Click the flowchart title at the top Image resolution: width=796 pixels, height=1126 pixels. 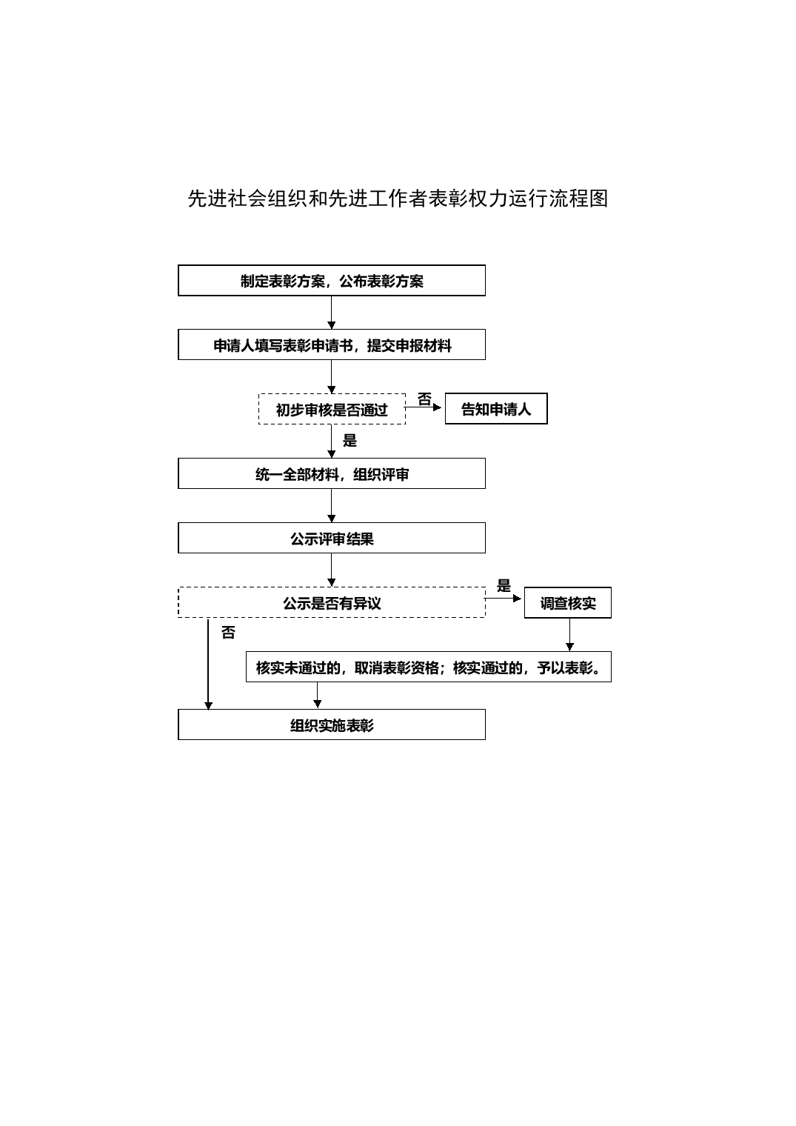(398, 199)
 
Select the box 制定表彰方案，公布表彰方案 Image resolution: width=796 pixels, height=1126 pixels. (332, 281)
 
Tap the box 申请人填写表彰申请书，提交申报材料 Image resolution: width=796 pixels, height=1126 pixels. (332, 345)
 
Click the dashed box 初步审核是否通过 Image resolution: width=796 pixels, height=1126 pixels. (332, 409)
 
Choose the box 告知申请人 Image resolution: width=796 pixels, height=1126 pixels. (496, 409)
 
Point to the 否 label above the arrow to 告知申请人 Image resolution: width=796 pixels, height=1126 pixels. (424, 399)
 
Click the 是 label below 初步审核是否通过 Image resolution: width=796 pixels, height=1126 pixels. (349, 441)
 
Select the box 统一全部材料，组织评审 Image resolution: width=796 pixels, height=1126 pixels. (332, 473)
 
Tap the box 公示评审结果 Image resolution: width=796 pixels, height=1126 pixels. (332, 538)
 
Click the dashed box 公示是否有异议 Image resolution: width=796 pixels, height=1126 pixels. (332, 602)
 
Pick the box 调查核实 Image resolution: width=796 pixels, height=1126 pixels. (568, 603)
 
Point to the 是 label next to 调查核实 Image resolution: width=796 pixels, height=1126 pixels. (504, 586)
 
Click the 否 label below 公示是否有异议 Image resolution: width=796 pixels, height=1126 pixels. (228, 633)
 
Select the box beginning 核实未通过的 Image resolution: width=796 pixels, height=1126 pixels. (429, 667)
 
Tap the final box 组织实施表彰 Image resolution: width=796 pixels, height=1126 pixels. (332, 724)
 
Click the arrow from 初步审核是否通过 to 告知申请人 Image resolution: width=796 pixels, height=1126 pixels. (423, 407)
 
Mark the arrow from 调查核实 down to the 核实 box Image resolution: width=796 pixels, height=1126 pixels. (569, 635)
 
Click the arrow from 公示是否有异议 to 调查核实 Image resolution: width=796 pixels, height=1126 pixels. (504, 599)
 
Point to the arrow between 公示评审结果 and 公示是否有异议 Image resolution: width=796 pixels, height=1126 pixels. (331, 570)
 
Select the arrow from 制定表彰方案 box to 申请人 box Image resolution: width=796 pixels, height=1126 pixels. (331, 313)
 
